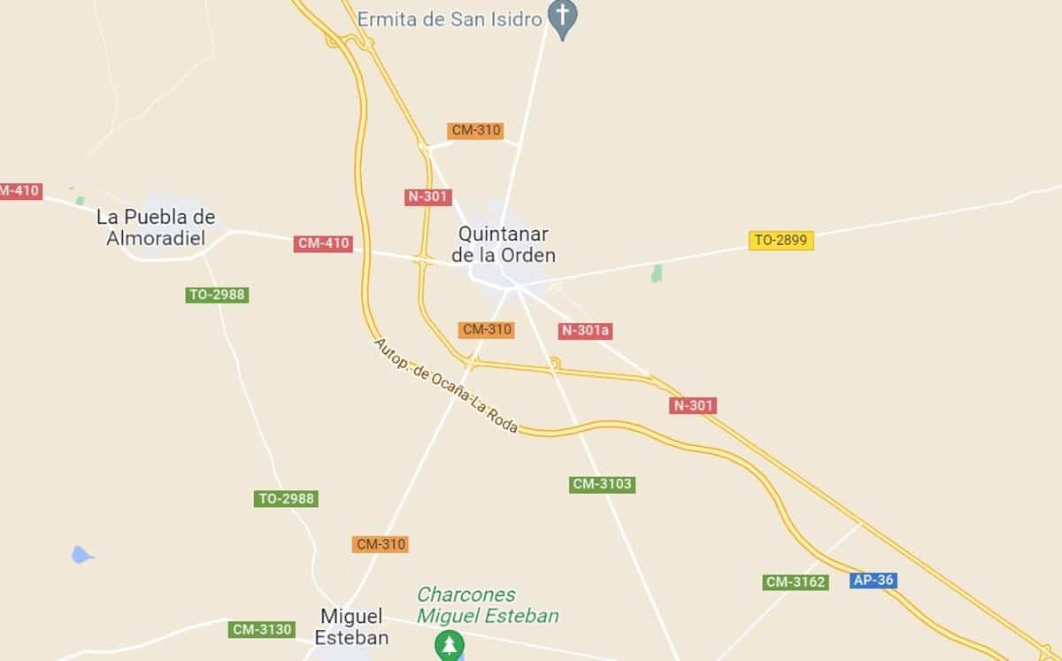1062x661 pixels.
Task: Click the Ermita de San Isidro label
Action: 449,19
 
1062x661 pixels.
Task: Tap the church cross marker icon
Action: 562,16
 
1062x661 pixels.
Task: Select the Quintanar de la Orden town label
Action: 504,245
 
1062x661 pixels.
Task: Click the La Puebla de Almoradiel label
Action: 157,227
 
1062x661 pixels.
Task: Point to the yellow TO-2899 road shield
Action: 781,240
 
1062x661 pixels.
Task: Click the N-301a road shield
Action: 586,331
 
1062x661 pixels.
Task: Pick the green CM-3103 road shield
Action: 602,484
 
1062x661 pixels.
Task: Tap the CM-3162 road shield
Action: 796,582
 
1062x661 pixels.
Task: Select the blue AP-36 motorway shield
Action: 873,580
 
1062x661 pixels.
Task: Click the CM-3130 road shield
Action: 261,629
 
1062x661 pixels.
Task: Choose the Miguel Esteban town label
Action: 351,626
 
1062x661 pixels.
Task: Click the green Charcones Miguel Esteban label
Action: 488,605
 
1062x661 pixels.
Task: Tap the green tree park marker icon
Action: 450,645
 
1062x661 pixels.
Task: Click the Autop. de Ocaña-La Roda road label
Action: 444,387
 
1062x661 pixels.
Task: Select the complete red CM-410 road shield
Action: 323,243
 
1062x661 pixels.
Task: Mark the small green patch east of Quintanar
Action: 657,273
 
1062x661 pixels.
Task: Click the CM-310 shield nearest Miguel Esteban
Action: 381,544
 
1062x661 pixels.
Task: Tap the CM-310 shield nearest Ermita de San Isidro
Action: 476,130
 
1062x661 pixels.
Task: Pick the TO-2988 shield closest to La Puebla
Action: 217,295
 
